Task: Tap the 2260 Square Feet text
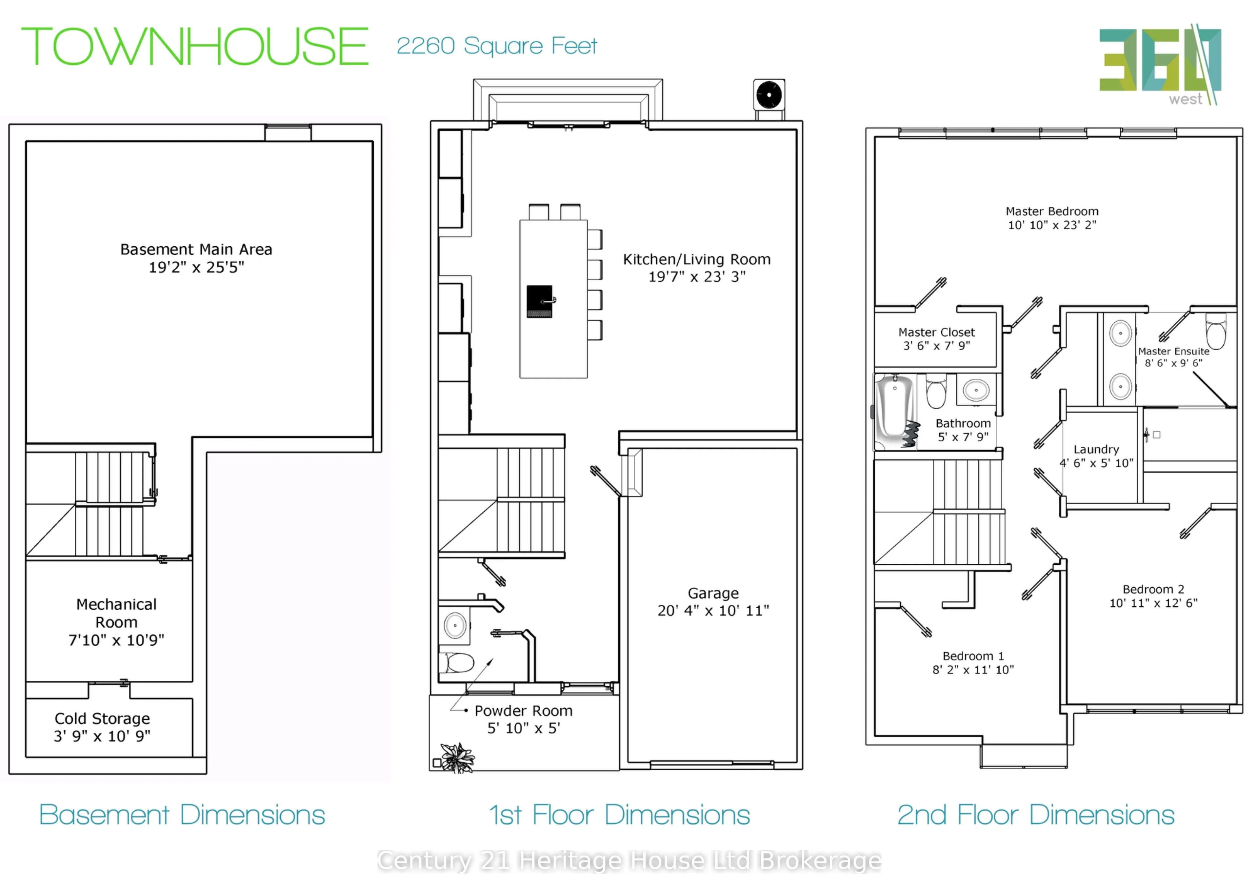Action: pyautogui.click(x=496, y=46)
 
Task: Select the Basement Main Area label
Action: pyautogui.click(x=196, y=250)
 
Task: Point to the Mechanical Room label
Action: pyautogui.click(x=116, y=613)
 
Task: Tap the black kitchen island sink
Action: pyautogui.click(x=540, y=301)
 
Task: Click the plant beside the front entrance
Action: pyautogui.click(x=457, y=758)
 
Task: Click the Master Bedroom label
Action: pyautogui.click(x=1052, y=211)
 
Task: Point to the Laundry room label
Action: pyautogui.click(x=1096, y=450)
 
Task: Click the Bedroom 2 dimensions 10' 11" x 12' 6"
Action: pyautogui.click(x=1153, y=603)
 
